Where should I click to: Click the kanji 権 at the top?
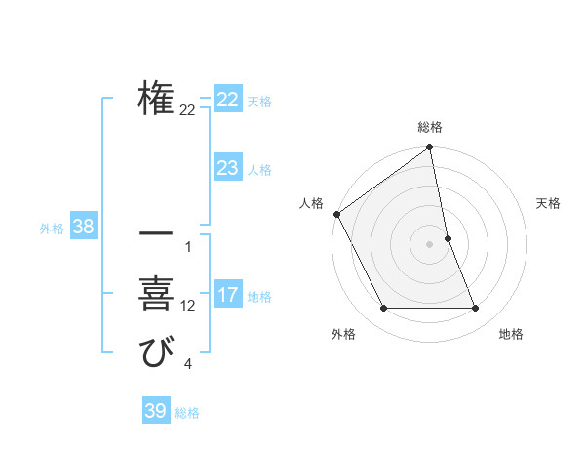coord(156,100)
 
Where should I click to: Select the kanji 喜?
coord(156,295)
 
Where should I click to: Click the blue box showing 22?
coord(227,100)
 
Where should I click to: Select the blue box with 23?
coord(227,168)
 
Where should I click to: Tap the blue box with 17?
coord(227,295)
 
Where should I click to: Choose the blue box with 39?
coord(155,411)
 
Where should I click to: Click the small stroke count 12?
coord(187,306)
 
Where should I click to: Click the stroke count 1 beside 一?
coord(187,246)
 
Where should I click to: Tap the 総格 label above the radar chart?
coord(430,127)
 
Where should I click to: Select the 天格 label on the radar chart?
coord(549,203)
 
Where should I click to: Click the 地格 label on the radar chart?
coord(511,334)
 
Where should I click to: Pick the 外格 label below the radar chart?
coord(343,334)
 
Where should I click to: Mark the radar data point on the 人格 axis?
coord(336,214)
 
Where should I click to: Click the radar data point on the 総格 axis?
coord(430,147)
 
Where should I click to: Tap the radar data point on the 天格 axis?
coord(448,238)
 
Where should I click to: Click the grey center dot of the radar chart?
coord(430,244)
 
